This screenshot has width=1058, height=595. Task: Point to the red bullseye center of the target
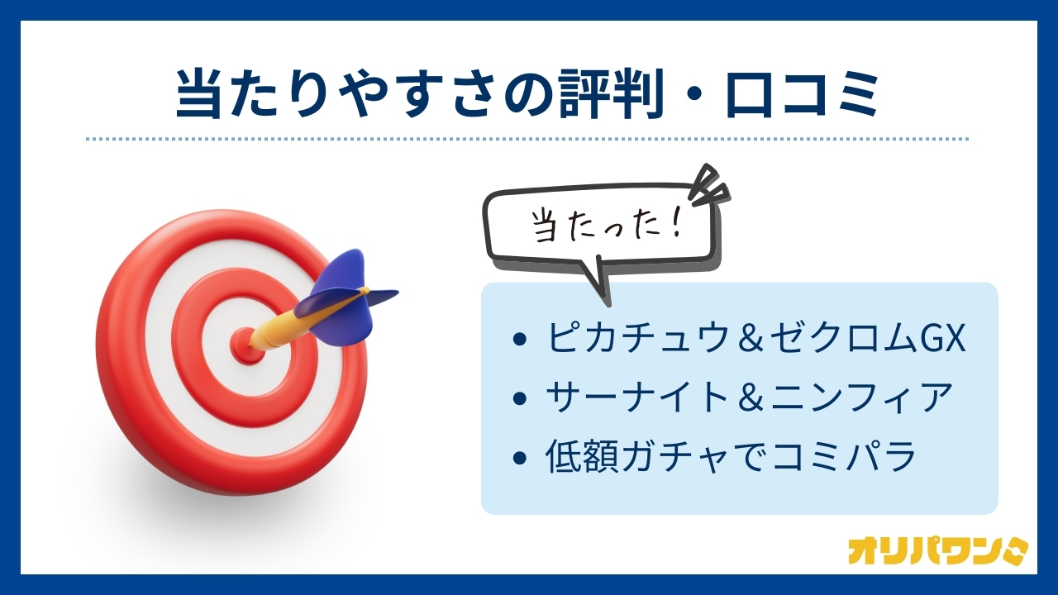(x=245, y=345)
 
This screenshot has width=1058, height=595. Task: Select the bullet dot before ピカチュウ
(x=518, y=339)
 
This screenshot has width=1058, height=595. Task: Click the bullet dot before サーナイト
(x=518, y=397)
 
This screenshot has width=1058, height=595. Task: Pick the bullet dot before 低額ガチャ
(x=518, y=457)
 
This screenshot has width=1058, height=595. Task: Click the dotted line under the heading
(x=527, y=140)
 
